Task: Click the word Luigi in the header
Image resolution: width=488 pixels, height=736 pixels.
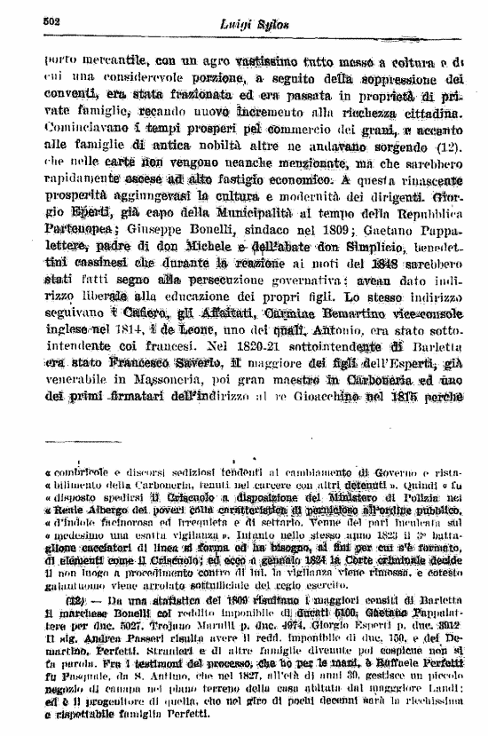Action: (x=233, y=24)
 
